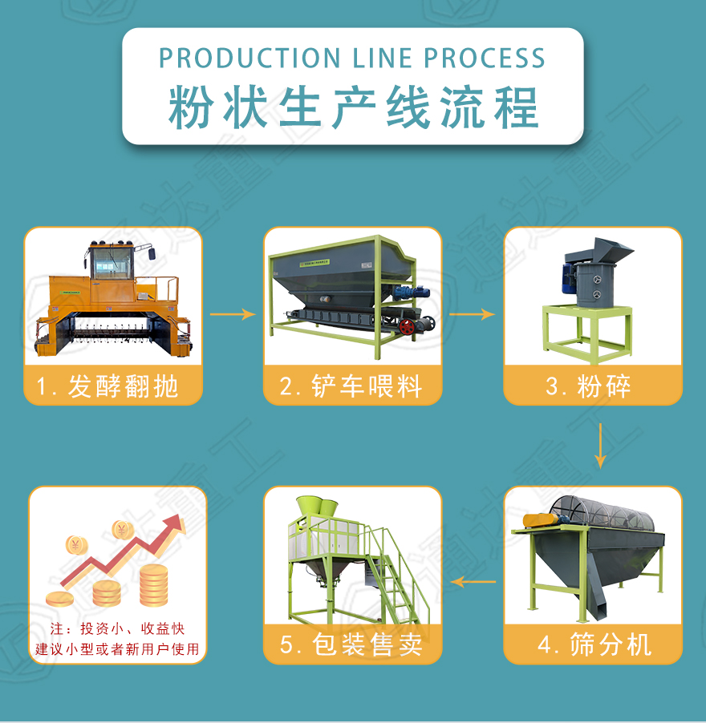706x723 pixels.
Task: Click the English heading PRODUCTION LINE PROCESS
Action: [x=352, y=58]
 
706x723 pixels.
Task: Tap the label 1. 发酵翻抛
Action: [x=112, y=386]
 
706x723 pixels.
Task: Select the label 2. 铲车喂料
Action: [x=352, y=386]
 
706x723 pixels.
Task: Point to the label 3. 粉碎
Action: [x=592, y=386]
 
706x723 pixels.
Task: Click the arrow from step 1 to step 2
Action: [x=233, y=314]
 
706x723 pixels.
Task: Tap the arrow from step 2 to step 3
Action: [x=472, y=314]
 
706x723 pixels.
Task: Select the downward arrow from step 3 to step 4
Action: [x=600, y=446]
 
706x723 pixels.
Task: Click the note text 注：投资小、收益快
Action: [x=117, y=629]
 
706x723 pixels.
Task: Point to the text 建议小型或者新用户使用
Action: [x=117, y=648]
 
